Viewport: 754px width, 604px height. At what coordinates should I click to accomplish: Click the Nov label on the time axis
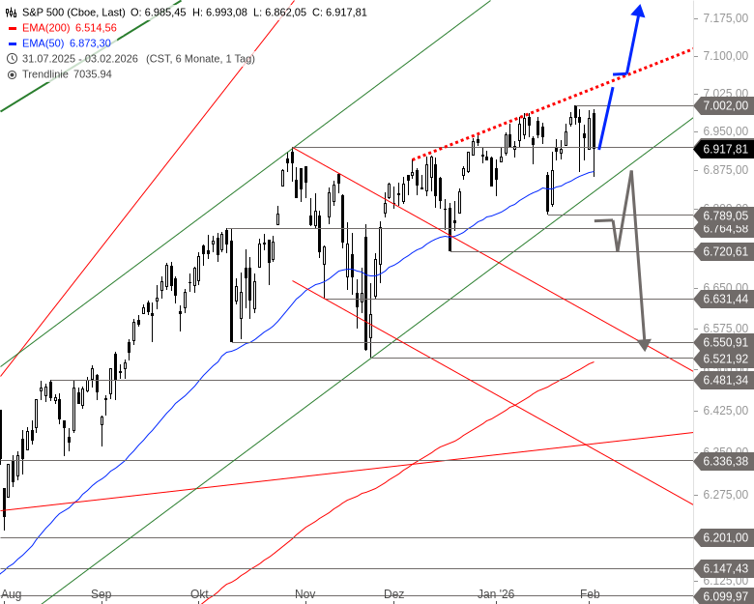click(x=305, y=594)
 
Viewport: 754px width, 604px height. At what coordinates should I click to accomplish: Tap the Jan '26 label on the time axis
click(x=497, y=594)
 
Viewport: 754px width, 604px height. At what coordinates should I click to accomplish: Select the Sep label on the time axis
click(x=101, y=594)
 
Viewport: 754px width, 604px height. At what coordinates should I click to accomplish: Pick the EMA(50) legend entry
click(x=62, y=44)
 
